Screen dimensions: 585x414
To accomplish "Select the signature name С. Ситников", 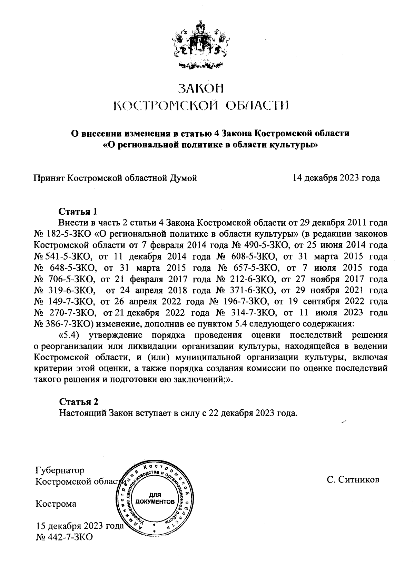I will pos(353,480).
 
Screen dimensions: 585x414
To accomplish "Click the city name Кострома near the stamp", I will pos(56,504).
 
